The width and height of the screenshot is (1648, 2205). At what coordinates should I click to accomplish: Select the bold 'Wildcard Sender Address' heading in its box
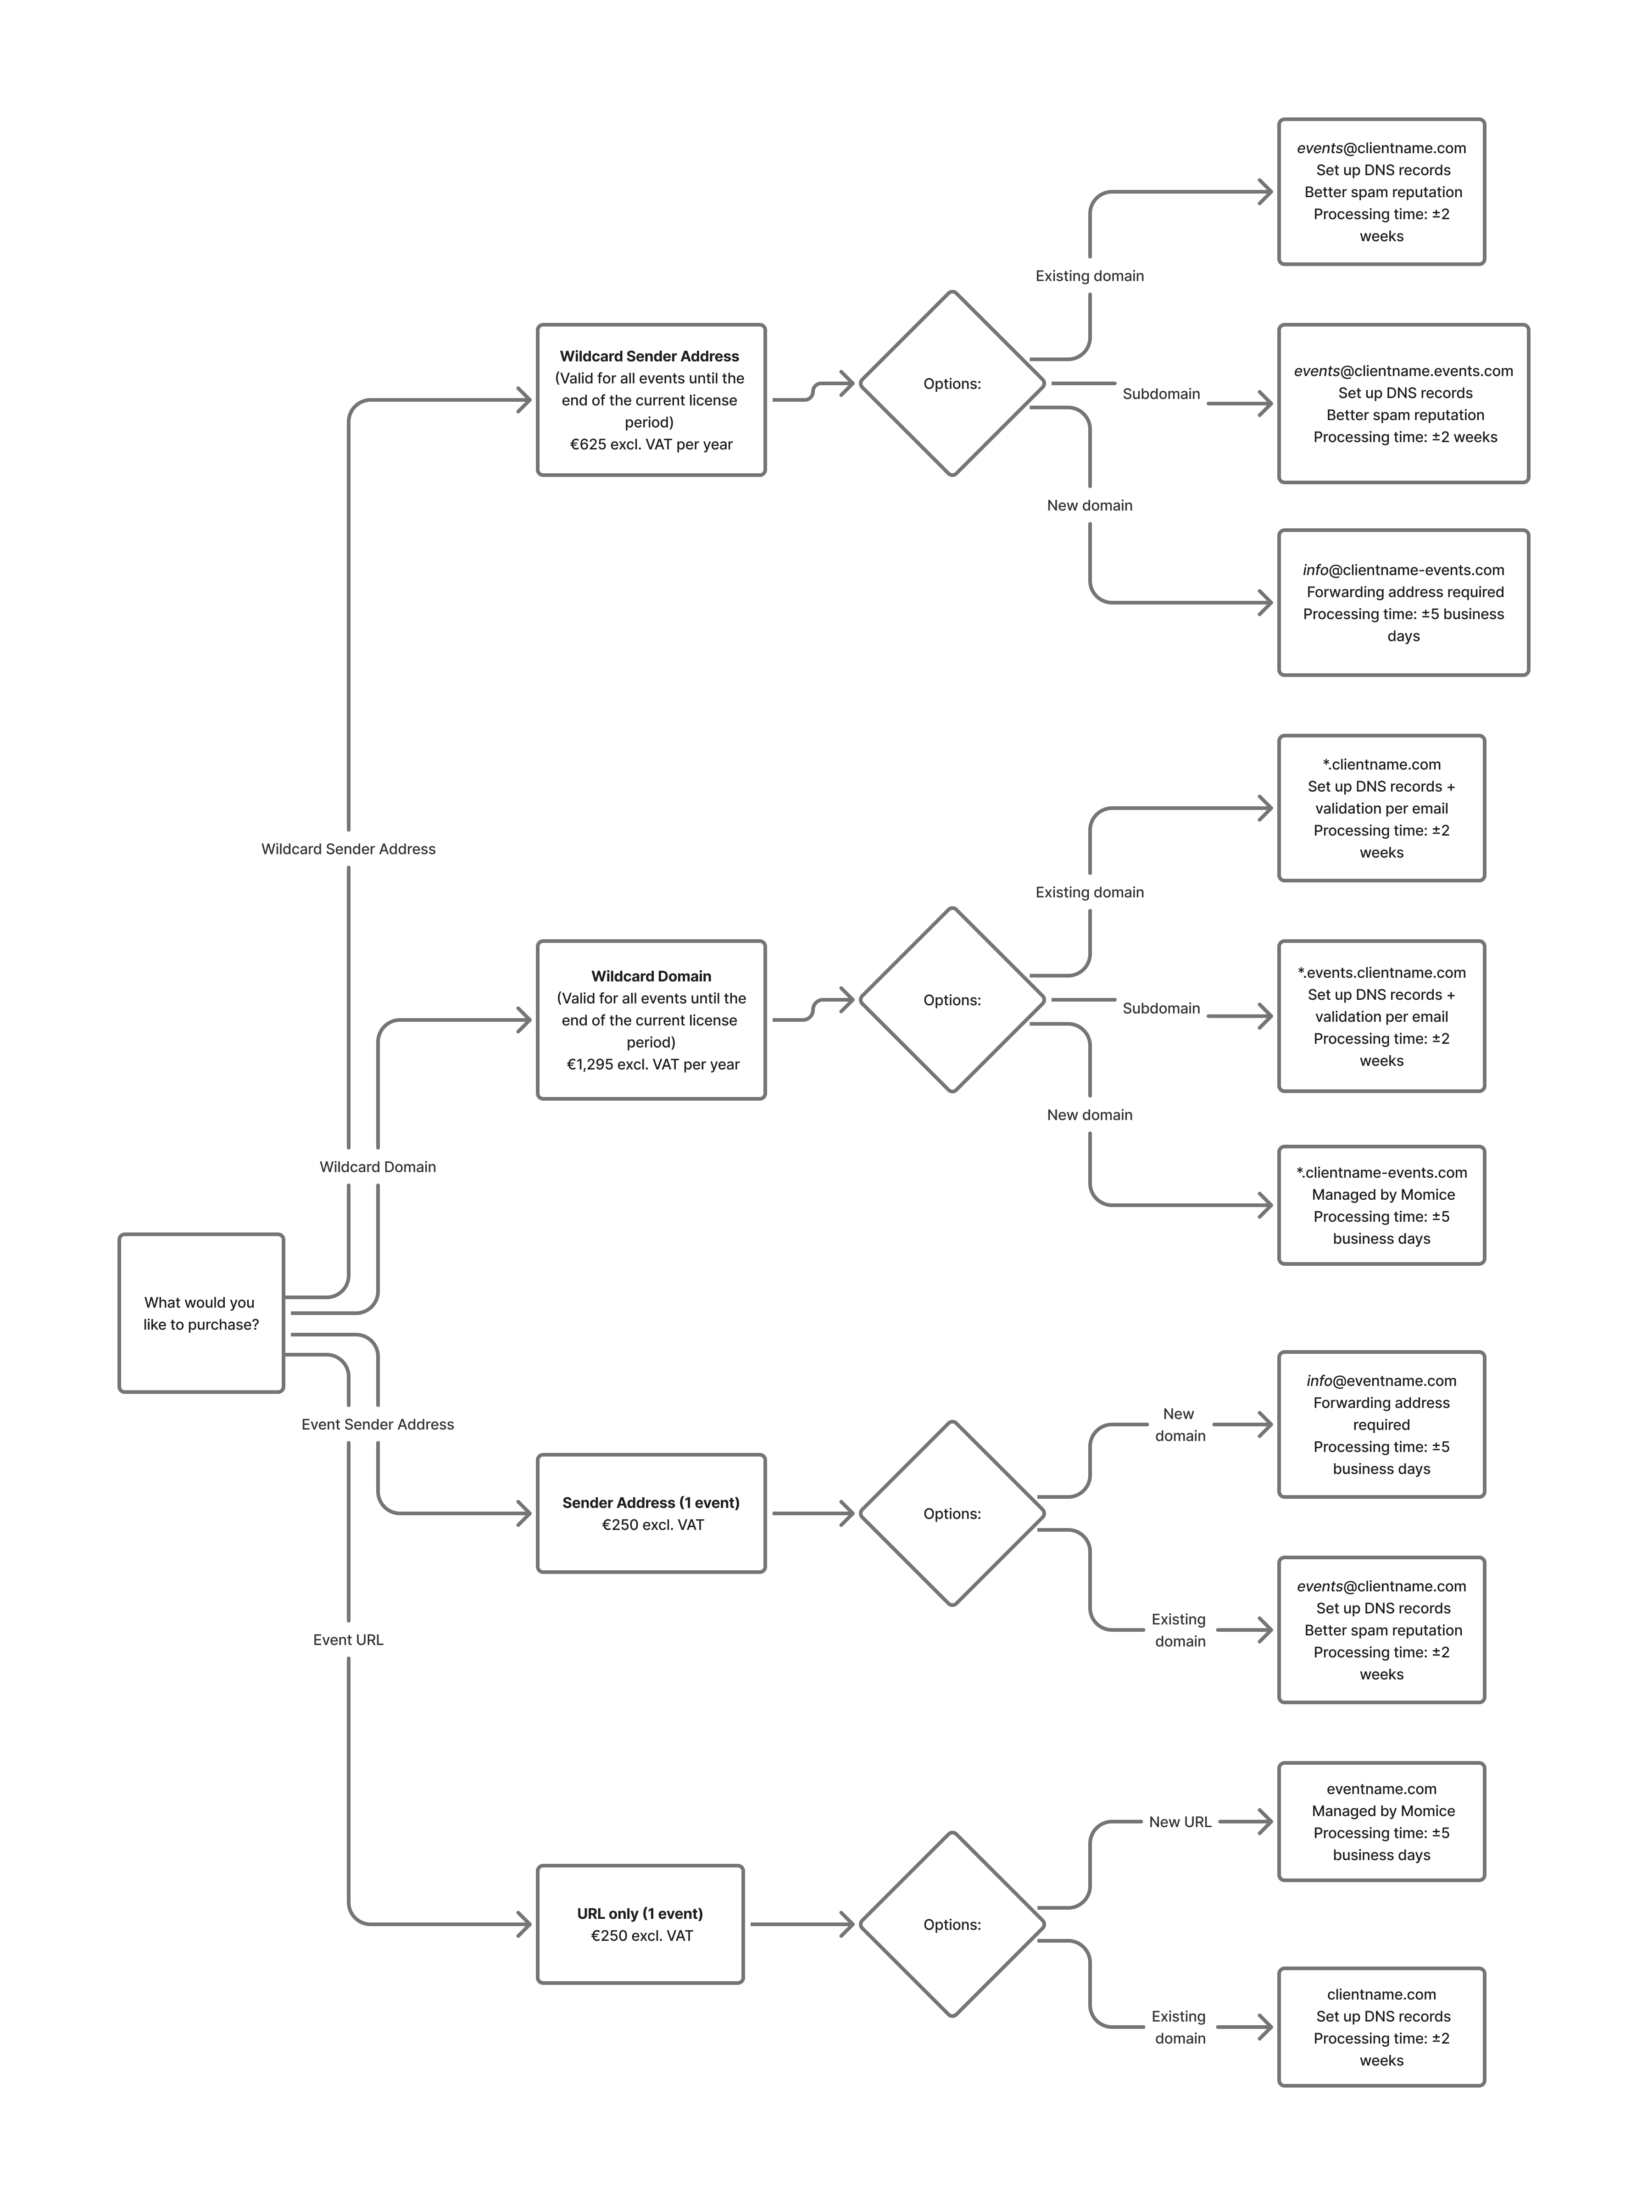[649, 356]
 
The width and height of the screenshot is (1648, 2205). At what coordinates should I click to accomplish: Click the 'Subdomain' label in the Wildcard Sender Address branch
[1160, 394]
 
